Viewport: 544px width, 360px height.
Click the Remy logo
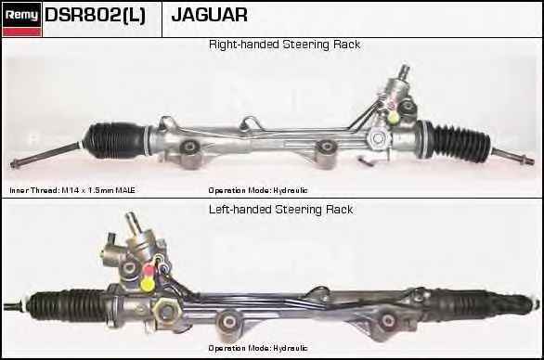click(22, 19)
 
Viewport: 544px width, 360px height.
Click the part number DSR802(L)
click(95, 15)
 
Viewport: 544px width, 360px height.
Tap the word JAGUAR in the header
click(209, 15)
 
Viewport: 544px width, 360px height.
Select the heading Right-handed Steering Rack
click(284, 45)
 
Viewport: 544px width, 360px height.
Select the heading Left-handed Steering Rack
click(280, 210)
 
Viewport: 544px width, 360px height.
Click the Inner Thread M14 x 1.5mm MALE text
click(72, 190)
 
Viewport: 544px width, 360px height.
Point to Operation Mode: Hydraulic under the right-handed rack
click(258, 190)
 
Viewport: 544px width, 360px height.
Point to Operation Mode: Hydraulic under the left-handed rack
click(258, 348)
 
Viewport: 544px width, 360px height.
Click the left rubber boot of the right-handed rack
click(116, 141)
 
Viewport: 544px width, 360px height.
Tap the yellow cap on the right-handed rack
click(393, 117)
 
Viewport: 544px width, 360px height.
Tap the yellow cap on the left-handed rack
click(148, 284)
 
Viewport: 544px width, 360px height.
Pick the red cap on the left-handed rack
click(149, 268)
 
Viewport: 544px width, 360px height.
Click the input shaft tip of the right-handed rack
click(404, 70)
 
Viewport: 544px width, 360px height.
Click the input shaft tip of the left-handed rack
click(131, 217)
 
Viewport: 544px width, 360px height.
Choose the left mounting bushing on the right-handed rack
click(189, 147)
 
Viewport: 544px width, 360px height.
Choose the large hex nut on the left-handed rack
click(166, 311)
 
